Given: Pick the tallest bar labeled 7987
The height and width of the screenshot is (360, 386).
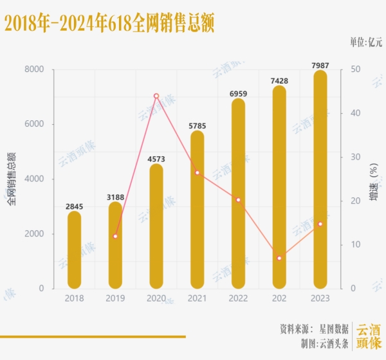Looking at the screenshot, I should pos(320,180).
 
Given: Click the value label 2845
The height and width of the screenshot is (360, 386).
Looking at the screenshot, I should pos(75,206).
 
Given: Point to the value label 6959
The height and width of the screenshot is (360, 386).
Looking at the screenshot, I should pos(239,94).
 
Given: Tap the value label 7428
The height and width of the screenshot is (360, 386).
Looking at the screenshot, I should pos(279,81).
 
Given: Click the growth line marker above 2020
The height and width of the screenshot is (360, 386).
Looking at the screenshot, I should pos(156,96).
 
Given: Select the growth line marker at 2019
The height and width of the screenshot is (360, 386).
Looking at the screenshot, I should pos(115,237).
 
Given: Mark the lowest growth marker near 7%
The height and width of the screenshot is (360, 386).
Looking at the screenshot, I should pos(279,258).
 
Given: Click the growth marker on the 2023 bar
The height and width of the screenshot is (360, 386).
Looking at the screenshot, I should pos(320,224).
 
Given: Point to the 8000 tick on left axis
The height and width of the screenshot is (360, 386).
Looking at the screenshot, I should pos(35,69).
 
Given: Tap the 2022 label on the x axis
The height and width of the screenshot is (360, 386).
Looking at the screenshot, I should pos(238,298).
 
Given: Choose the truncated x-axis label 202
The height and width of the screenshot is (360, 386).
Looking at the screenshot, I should pos(279,298).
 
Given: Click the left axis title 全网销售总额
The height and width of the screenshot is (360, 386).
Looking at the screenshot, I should pos(12,179).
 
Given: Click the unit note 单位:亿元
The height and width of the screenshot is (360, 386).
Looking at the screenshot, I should pos(365,42).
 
